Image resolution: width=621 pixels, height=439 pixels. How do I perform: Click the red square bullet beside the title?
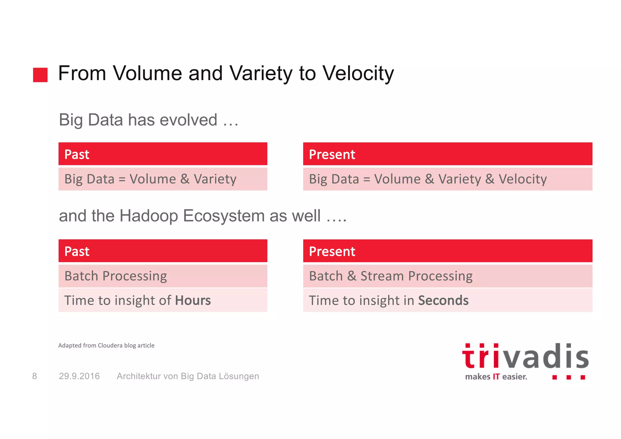point(40,75)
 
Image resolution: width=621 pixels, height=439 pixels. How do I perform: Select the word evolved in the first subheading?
point(188,120)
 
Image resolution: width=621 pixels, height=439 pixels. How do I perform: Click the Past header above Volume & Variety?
point(77,154)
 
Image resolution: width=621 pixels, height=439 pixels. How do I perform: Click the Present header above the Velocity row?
point(332,154)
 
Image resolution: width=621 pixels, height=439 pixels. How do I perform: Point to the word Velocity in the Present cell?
point(522,179)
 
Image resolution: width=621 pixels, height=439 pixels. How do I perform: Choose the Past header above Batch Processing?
point(77,252)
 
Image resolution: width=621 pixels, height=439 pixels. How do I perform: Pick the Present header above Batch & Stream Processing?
point(332,252)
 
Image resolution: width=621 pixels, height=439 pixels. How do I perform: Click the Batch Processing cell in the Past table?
point(116,276)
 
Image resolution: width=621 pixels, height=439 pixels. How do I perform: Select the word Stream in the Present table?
point(382,276)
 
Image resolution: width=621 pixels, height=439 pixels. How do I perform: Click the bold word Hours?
point(193,300)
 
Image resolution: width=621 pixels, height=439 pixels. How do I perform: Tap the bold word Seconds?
point(443,300)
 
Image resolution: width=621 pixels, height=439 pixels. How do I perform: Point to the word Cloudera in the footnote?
point(110,345)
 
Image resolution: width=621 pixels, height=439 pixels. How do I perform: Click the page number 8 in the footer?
point(35,376)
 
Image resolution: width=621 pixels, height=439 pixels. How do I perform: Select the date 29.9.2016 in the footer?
point(79,376)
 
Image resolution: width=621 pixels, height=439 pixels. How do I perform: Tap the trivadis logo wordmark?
point(525,356)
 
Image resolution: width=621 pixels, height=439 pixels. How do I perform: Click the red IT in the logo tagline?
point(496,377)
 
